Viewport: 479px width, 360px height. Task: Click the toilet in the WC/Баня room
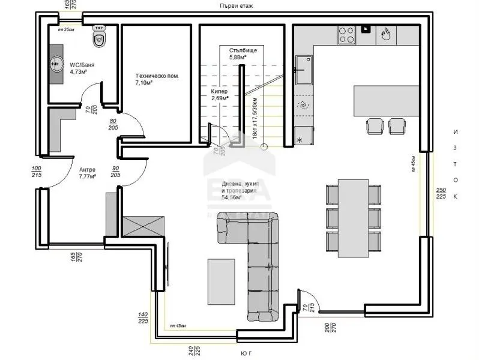click(98, 37)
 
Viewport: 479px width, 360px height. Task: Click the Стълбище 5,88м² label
click(243, 54)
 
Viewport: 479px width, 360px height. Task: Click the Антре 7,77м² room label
click(87, 173)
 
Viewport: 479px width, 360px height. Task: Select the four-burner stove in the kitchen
click(346, 34)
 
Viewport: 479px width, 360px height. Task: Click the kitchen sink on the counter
click(303, 69)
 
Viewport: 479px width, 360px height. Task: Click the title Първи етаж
click(236, 5)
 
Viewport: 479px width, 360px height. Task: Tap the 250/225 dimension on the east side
click(441, 193)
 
